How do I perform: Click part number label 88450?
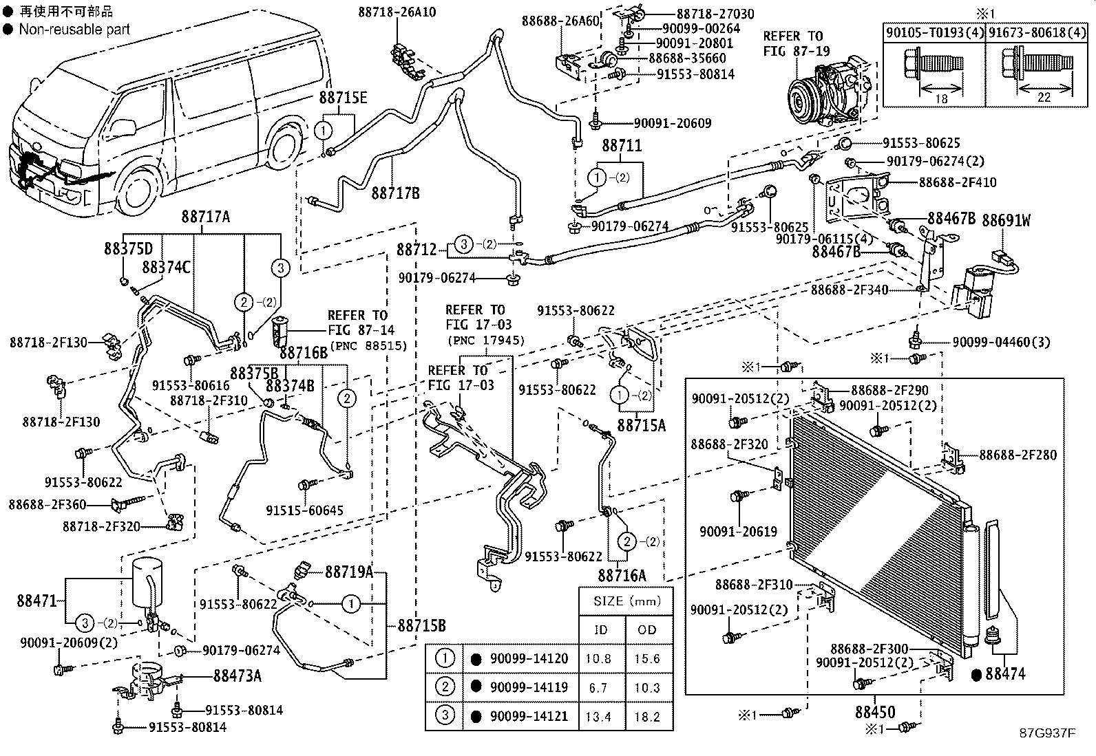876,711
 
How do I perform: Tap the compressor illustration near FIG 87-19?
823,95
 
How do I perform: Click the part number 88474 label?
1004,674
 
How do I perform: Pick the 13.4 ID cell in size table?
598,716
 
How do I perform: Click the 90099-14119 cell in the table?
529,687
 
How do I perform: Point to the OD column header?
646,629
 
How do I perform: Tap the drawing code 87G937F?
1047,733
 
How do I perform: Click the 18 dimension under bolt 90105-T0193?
942,98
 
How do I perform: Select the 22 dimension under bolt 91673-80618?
1044,98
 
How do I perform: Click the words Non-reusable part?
74,29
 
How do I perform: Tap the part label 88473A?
237,676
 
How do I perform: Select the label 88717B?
395,193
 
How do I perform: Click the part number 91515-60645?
304,510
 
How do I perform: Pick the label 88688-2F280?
1017,455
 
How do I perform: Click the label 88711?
622,146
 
